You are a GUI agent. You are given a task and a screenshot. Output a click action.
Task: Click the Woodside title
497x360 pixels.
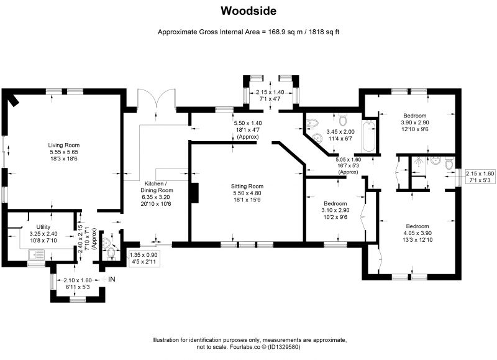click(x=248, y=11)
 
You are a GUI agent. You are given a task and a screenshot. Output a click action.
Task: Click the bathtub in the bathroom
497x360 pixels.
click(x=368, y=136)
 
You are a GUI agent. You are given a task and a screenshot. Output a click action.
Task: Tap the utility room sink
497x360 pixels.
click(x=36, y=254)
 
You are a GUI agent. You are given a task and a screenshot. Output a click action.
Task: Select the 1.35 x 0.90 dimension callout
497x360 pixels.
click(x=144, y=258)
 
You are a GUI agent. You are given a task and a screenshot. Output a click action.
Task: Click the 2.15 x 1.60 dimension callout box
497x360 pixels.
click(x=480, y=177)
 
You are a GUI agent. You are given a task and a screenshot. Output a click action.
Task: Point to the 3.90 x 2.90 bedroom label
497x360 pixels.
click(x=415, y=122)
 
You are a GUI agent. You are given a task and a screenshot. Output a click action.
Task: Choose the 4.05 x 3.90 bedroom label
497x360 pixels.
click(x=417, y=233)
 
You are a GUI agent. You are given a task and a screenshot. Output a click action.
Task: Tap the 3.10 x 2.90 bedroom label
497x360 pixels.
click(x=335, y=210)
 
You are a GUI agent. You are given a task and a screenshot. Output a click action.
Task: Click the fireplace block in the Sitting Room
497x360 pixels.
click(x=194, y=193)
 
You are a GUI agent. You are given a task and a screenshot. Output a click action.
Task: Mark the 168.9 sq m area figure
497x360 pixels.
click(x=286, y=32)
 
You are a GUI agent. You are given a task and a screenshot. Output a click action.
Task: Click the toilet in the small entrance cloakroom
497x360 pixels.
click(x=111, y=253)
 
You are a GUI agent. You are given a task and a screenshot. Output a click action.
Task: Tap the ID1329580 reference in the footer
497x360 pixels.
click(x=284, y=347)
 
